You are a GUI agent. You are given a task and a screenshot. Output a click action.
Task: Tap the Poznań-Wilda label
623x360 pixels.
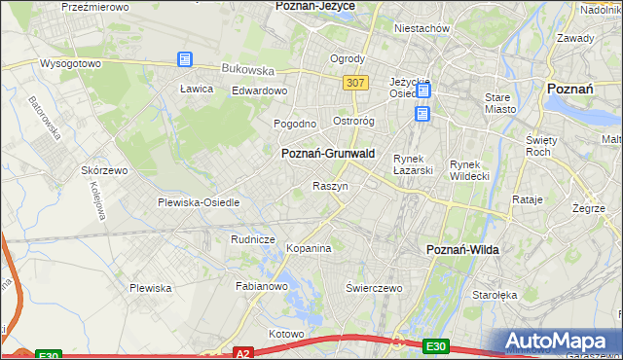tap(462, 250)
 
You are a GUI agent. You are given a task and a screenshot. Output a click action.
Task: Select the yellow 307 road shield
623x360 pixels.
tap(355, 84)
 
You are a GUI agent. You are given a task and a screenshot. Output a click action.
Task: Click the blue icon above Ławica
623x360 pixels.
tap(185, 59)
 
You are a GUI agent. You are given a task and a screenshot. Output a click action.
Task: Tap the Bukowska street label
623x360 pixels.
tap(248, 70)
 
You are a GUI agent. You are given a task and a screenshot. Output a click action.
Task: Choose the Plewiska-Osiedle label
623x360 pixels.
tap(199, 202)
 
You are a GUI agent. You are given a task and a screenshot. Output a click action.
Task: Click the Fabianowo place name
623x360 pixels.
tap(262, 287)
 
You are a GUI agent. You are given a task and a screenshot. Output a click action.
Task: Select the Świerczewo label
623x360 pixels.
tap(375, 288)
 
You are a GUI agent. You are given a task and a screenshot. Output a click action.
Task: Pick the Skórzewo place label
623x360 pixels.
tap(105, 170)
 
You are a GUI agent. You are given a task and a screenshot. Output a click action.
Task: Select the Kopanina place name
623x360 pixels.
tap(310, 249)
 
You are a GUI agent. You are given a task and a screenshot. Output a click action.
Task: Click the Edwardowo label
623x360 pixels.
tap(259, 91)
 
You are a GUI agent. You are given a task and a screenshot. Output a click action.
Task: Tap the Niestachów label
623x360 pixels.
tap(421, 29)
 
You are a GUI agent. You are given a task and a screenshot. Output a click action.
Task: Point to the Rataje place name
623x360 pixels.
tap(527, 199)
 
